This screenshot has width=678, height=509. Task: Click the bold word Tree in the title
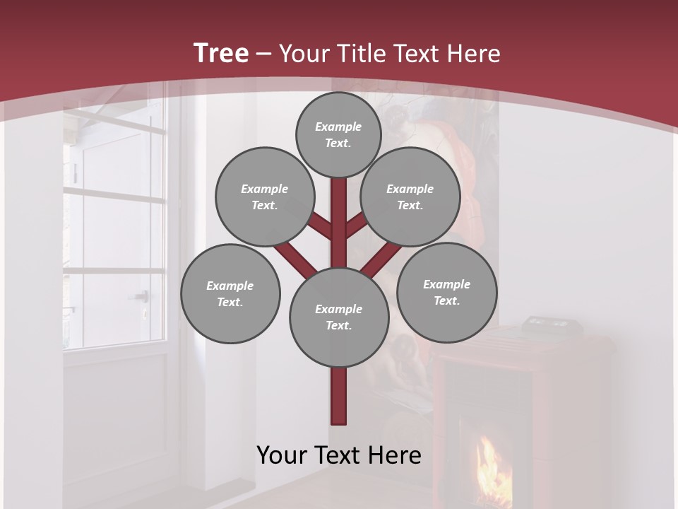point(221,53)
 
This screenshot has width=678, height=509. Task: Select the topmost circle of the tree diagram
point(338,134)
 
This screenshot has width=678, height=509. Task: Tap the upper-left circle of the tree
point(265,197)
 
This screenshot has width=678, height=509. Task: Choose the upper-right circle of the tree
point(410,197)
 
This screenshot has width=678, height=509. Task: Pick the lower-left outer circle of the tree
point(230,293)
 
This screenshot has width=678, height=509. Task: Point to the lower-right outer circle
point(446,292)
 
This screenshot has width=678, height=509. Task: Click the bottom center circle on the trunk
point(339,317)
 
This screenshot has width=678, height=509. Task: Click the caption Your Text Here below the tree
point(339,455)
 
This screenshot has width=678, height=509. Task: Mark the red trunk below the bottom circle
point(339,396)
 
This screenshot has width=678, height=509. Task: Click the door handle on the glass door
point(143,296)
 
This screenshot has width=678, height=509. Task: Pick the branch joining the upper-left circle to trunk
point(319,227)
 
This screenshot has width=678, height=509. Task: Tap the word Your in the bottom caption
point(282,455)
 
